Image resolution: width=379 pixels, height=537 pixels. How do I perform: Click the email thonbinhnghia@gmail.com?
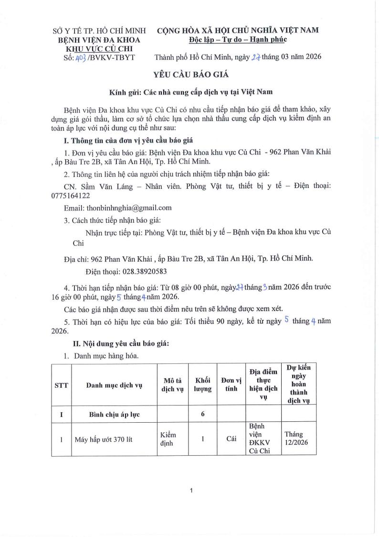click(117, 208)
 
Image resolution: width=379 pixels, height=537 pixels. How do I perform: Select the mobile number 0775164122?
click(83, 196)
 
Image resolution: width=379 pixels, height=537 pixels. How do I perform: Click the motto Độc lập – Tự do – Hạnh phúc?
click(237, 39)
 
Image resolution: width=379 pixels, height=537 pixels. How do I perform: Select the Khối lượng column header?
click(202, 386)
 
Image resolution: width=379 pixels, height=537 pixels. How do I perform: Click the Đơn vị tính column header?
click(231, 386)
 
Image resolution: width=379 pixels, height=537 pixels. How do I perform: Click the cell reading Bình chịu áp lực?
click(114, 415)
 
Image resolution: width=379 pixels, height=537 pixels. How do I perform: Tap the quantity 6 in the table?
click(202, 415)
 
